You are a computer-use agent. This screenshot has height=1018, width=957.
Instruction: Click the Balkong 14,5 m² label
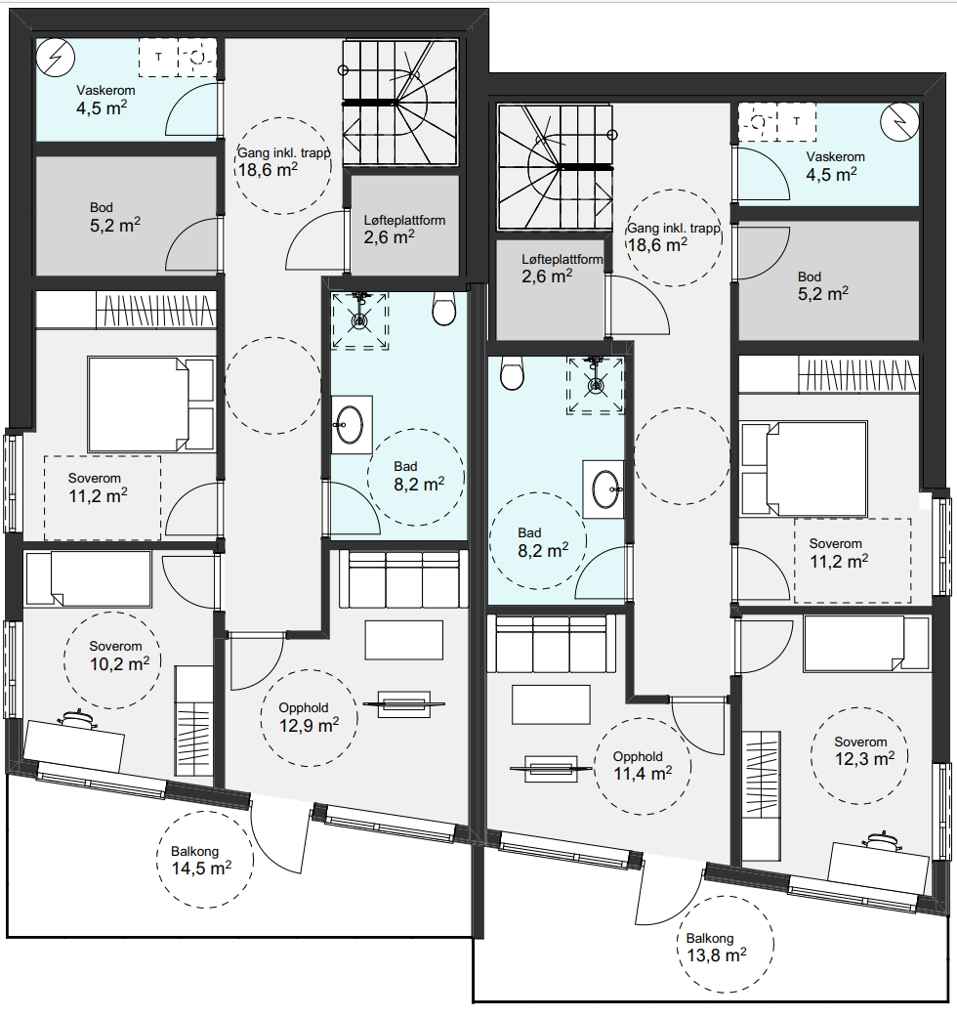point(201,861)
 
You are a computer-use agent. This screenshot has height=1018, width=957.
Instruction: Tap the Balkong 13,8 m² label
point(717,948)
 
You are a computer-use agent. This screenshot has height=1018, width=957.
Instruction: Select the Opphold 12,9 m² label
point(309,717)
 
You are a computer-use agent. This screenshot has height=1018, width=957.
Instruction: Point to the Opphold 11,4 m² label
point(643,765)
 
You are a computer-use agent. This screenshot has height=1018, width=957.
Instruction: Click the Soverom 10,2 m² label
point(119,656)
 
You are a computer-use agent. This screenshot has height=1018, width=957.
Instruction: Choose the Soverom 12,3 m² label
point(864,750)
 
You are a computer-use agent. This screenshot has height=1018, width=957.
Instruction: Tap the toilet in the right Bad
point(512,372)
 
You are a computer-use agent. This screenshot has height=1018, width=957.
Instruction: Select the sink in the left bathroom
point(352,425)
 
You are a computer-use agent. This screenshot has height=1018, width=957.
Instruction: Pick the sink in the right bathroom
point(603,488)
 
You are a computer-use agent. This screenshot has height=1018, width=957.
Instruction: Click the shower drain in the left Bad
point(359,320)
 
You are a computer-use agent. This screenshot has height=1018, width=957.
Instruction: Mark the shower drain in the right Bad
point(596,386)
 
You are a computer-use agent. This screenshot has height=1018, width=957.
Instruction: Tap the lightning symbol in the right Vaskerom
point(900,122)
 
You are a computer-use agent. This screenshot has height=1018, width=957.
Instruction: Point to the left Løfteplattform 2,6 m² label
point(404,230)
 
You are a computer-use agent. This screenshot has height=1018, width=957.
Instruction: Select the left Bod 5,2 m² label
point(115,216)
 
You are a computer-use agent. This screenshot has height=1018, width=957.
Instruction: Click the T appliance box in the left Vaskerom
point(158,57)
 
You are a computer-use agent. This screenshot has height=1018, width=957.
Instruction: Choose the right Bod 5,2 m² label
point(822,285)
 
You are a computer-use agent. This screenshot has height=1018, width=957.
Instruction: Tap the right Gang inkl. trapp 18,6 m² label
point(674,237)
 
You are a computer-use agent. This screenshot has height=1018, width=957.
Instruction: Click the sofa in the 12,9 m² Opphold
point(403,579)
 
